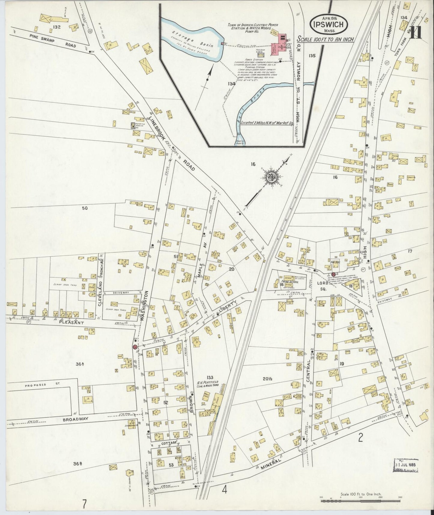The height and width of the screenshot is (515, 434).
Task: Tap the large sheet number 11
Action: click(416, 33)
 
